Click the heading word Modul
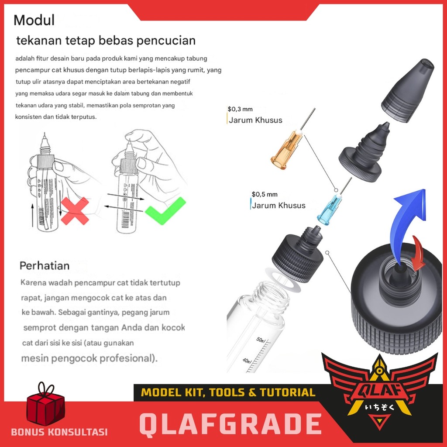(34, 20)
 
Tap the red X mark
(75, 211)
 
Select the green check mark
(165, 211)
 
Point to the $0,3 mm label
(240, 109)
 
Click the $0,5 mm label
(264, 194)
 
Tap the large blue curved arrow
(408, 222)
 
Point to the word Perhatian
(45, 266)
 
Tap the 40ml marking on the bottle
(247, 361)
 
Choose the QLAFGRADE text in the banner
(230, 424)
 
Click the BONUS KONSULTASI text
(59, 432)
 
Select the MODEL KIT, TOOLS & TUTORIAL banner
(228, 392)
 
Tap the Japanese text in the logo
(379, 407)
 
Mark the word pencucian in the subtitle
(166, 41)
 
